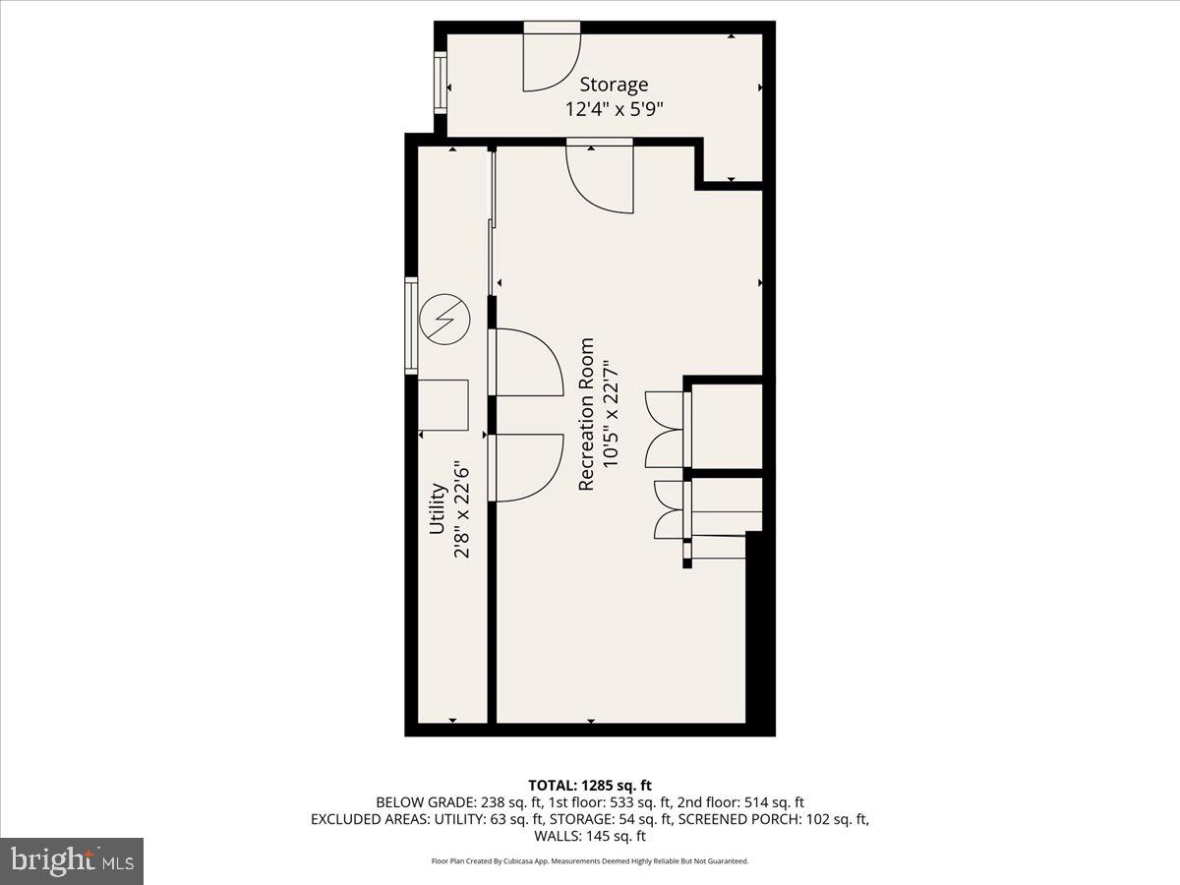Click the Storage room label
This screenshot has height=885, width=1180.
point(614,85)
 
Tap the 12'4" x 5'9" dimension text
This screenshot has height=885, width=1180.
point(614,109)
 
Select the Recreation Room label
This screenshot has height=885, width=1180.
point(587,414)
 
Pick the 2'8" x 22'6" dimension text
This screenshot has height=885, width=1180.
point(461,511)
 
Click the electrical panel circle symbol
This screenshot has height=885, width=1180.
point(443,320)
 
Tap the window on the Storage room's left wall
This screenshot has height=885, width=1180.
point(441,82)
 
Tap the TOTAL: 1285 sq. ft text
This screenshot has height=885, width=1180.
point(589,785)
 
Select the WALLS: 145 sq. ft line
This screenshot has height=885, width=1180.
point(589,837)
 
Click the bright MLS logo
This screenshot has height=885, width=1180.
point(72,860)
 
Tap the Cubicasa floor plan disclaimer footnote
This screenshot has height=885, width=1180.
point(589,861)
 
